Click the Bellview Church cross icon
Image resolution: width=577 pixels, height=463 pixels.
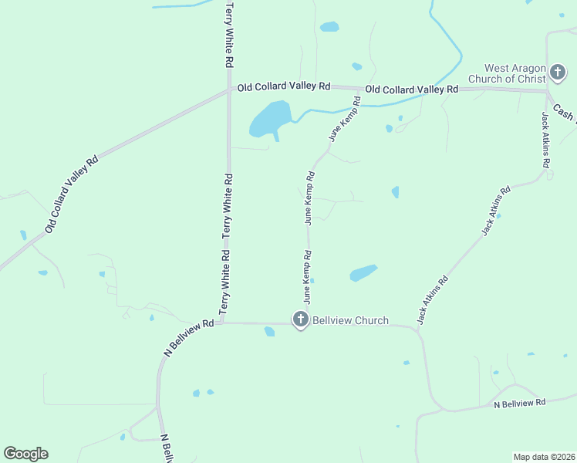coord(300,319)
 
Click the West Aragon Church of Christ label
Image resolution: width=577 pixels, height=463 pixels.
coord(516,73)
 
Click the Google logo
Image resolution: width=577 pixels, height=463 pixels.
coord(25,454)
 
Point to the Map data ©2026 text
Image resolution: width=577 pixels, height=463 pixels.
coord(544,457)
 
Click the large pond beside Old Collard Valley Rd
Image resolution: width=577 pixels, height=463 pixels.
coord(269,120)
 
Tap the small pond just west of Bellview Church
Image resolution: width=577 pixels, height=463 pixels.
coord(269,332)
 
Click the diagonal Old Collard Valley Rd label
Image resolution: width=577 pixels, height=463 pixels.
coord(72,194)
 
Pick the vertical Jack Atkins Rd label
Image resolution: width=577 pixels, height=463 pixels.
coord(546,140)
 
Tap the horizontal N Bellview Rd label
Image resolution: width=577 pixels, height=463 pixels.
coord(519,402)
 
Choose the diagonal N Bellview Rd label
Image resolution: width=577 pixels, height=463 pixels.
coord(188,338)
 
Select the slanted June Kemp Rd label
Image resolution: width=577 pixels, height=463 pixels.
coord(345,119)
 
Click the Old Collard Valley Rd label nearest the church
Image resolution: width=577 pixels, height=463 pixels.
coord(412,90)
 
